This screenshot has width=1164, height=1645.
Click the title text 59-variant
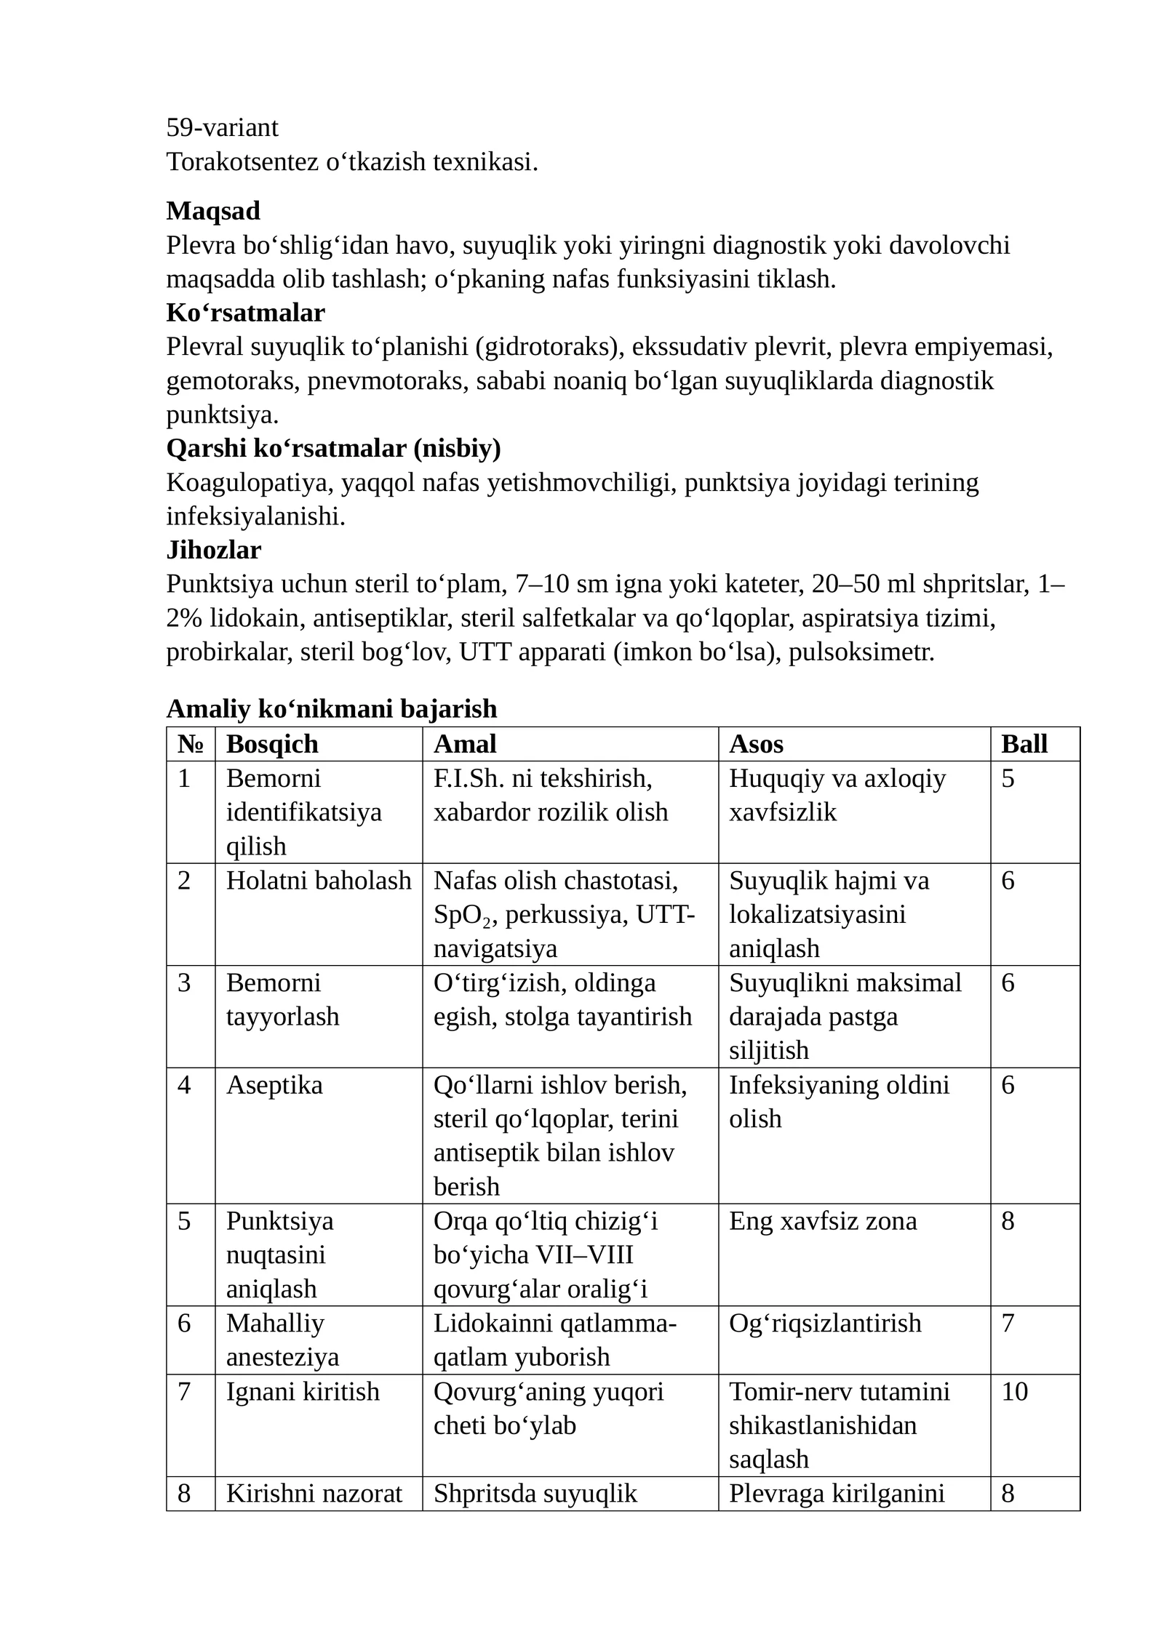pyautogui.click(x=222, y=128)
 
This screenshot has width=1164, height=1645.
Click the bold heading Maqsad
pyautogui.click(x=213, y=211)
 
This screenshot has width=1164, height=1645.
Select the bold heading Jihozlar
pyautogui.click(x=213, y=550)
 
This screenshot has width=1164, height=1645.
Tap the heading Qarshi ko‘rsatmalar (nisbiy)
pyautogui.click(x=333, y=448)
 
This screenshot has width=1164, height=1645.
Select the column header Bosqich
pyautogui.click(x=272, y=744)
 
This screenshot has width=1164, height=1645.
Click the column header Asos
pyautogui.click(x=756, y=744)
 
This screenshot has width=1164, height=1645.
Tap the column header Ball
pyautogui.click(x=1024, y=744)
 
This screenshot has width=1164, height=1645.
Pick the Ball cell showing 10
pyautogui.click(x=1014, y=1391)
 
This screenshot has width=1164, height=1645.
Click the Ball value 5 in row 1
pyautogui.click(x=1008, y=778)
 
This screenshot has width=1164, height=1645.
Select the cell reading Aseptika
pyautogui.click(x=274, y=1085)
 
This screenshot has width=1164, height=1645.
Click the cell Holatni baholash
pyautogui.click(x=318, y=881)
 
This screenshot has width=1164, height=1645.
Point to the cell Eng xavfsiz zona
pyautogui.click(x=822, y=1221)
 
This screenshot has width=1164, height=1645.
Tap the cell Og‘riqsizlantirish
pyautogui.click(x=824, y=1323)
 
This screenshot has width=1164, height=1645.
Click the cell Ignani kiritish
pyautogui.click(x=303, y=1391)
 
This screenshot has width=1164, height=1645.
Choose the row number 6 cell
pyautogui.click(x=184, y=1323)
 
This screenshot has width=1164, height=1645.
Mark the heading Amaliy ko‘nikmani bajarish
pyautogui.click(x=332, y=708)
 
